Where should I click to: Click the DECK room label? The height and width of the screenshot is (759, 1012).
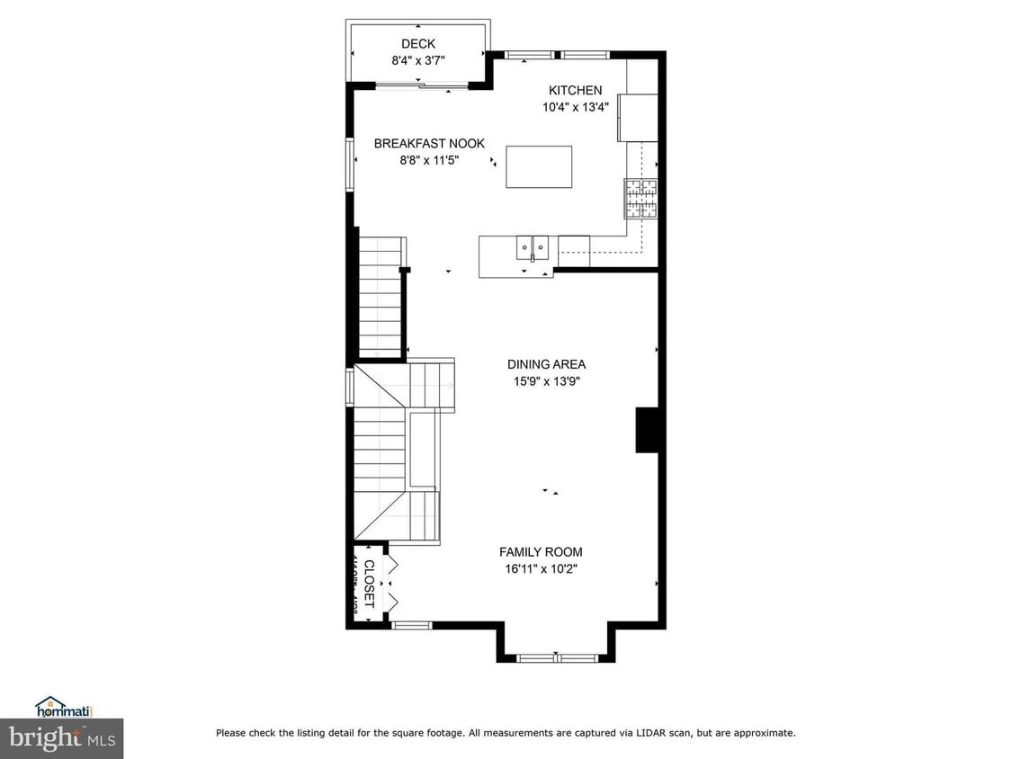pos(418,44)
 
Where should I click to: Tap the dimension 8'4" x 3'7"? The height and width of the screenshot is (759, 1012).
pos(418,60)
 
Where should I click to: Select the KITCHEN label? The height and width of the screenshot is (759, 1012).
pos(576,90)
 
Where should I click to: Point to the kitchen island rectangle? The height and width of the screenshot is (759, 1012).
pos(539,166)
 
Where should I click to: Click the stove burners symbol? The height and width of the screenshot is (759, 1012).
pos(641,199)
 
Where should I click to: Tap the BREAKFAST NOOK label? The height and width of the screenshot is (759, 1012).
pos(429,143)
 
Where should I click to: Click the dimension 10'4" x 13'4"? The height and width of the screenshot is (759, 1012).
pos(576,106)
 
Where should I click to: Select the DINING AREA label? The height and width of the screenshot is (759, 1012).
pos(546,364)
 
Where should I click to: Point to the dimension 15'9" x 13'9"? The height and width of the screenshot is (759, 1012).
pos(546,380)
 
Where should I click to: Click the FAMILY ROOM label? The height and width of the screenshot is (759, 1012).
pos(541,552)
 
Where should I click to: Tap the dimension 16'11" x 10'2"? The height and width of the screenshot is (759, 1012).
pos(541,568)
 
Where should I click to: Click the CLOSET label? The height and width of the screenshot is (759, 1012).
pos(368,584)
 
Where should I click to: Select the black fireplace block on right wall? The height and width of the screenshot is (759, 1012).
pos(649,430)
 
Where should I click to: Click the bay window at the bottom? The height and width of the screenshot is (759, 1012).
pos(558,658)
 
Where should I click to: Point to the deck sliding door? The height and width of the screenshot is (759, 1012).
pos(420,85)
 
